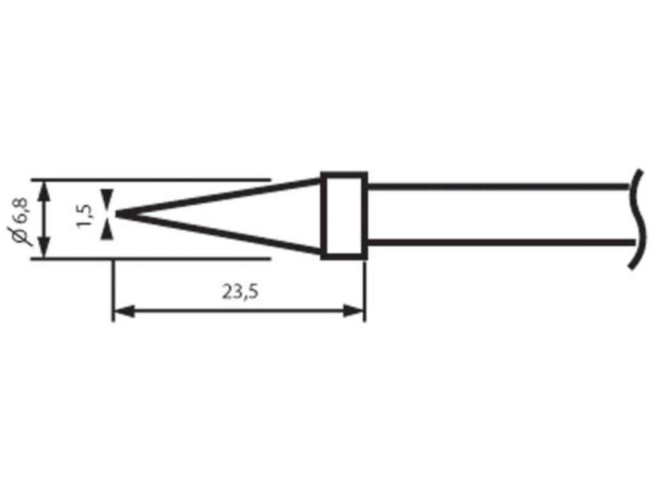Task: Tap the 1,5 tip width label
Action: click(x=84, y=215)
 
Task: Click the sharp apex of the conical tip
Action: click(x=117, y=215)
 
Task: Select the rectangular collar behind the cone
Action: click(x=344, y=215)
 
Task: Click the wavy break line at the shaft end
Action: click(x=635, y=217)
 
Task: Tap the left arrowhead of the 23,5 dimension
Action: click(x=122, y=312)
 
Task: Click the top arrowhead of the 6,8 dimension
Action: click(x=43, y=189)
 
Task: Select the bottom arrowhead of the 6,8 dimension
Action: click(x=43, y=249)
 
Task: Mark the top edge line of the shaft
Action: click(x=499, y=187)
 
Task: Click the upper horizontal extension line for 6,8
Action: click(x=160, y=180)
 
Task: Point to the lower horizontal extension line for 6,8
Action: click(x=160, y=259)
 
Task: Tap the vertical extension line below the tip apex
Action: click(x=113, y=288)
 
